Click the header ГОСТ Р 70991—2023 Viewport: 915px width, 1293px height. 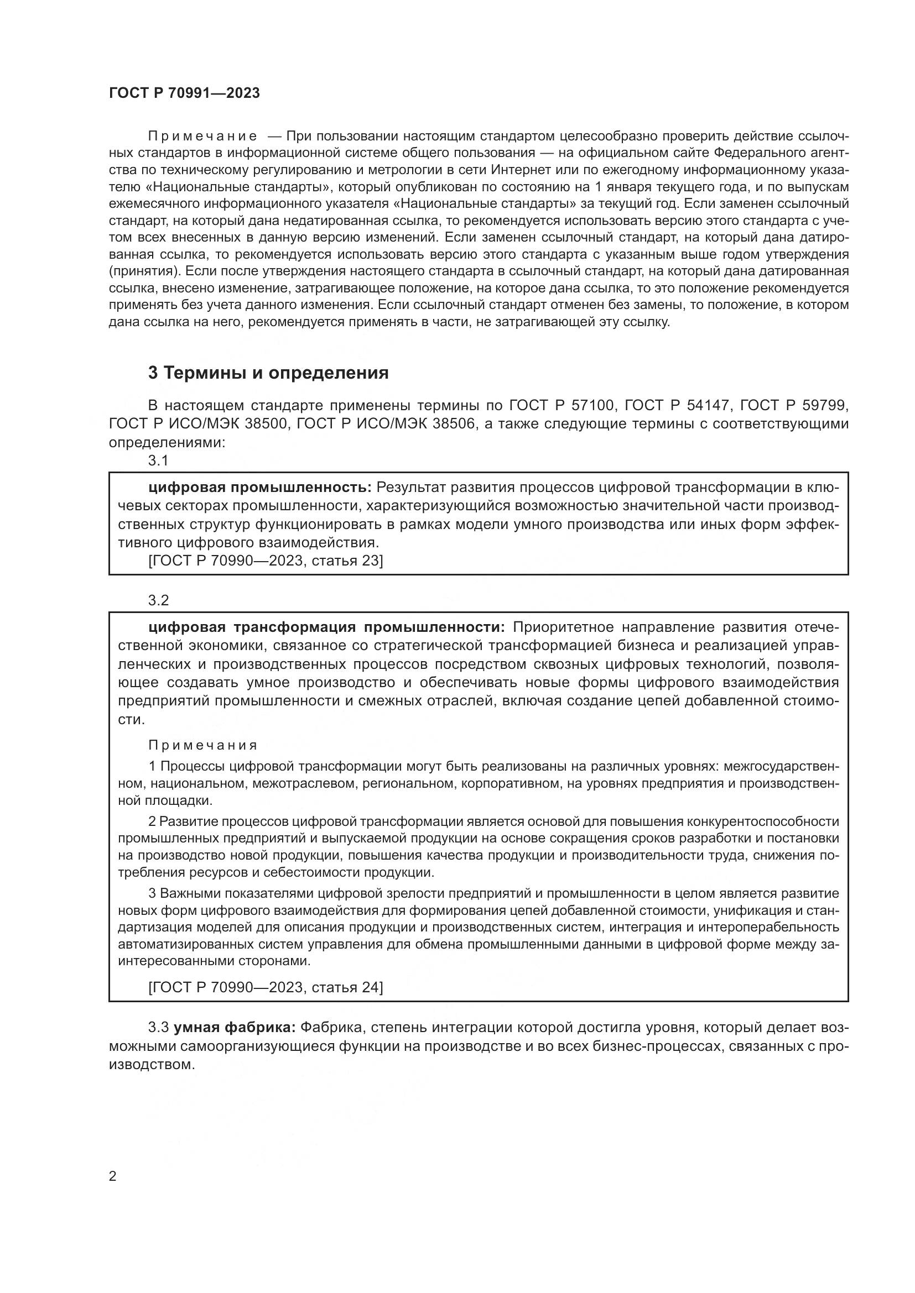[184, 93]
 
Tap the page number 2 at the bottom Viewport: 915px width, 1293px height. [113, 1176]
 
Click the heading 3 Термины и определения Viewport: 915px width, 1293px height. [268, 373]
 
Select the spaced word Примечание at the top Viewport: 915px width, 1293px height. [202, 137]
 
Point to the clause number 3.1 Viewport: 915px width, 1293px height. [158, 460]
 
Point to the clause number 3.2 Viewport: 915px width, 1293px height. [158, 600]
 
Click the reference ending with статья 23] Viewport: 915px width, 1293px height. [266, 561]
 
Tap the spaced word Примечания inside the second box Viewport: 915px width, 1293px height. [203, 746]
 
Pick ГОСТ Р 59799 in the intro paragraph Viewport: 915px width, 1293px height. [793, 405]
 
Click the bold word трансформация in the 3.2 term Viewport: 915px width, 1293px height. [295, 627]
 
